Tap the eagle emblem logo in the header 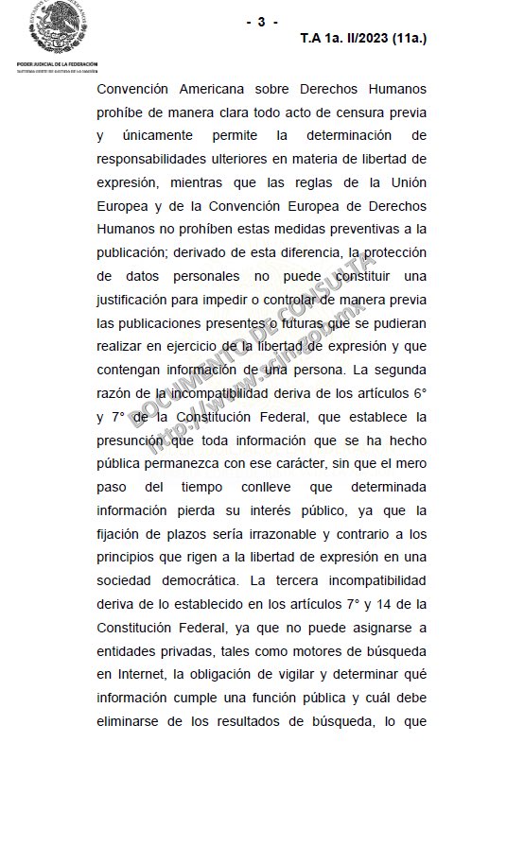(58, 28)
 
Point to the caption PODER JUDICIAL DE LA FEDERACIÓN (58, 64)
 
